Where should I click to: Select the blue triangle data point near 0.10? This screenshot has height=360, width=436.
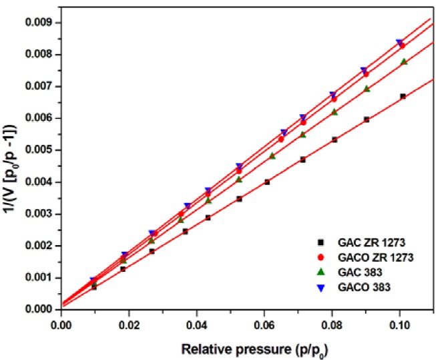coord(399,42)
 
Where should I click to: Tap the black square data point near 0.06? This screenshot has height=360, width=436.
coord(267,182)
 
